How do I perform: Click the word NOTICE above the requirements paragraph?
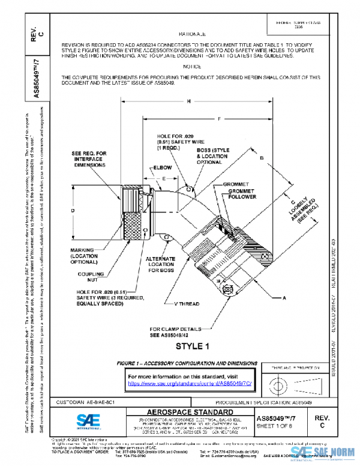point(191,67)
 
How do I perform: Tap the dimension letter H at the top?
point(189,101)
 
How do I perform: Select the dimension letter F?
point(220,118)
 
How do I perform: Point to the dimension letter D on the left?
point(72,211)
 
